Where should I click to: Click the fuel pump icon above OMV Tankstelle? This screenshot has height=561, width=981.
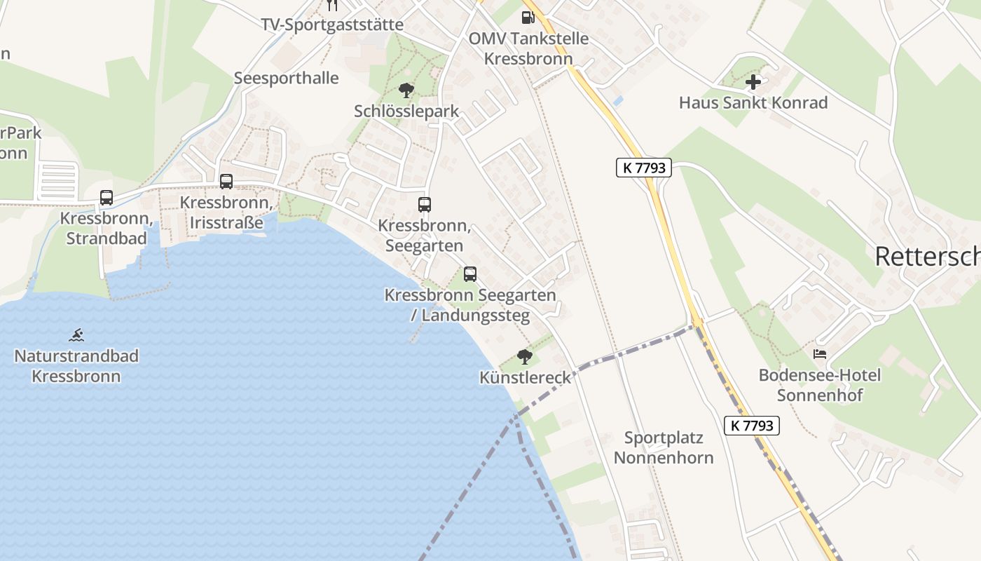pos(526,17)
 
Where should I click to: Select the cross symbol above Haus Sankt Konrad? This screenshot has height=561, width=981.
pos(753,82)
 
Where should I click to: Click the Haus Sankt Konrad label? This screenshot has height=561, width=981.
pos(753,103)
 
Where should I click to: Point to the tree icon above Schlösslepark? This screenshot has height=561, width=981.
pos(406,90)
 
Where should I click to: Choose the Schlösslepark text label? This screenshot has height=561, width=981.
pos(406,111)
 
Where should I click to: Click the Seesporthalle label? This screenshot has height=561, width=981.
pos(286,78)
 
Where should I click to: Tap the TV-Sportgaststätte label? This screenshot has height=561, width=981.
pos(332,25)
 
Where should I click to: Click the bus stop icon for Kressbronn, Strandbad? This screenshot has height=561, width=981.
pos(107,198)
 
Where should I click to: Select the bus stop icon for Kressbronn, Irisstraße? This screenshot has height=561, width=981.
pos(226,182)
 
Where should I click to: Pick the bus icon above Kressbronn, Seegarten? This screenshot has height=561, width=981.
pos(425,205)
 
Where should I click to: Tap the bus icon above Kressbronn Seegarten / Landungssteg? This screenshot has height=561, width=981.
pos(470,274)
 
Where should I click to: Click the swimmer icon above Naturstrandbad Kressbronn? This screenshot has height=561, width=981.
pos(77,334)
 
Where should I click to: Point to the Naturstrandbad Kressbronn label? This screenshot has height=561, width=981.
pos(76,366)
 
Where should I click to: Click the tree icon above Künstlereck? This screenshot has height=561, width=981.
pos(525,357)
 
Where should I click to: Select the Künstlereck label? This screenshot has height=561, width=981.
pos(526,378)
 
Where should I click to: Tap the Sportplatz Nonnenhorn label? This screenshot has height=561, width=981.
pos(663,448)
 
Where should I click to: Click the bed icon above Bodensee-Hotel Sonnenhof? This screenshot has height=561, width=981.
pos(820,354)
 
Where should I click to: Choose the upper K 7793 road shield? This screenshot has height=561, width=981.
pos(644,168)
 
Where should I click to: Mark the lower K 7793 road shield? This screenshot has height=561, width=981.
pos(752,426)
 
